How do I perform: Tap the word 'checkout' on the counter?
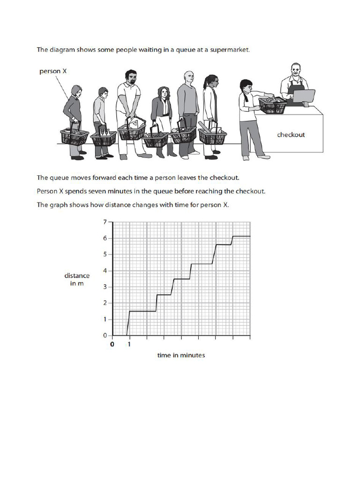click(291, 135)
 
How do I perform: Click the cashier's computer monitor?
click(304, 96)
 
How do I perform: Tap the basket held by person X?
click(74, 136)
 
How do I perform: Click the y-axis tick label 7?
click(105, 221)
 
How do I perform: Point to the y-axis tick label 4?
click(105, 270)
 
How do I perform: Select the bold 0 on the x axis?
click(112, 345)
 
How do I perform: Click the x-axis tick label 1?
click(129, 345)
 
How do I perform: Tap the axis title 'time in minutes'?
click(181, 355)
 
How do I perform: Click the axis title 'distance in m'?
click(77, 280)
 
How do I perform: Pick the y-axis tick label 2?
click(105, 303)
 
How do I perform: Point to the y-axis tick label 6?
click(105, 238)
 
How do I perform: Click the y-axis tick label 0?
click(105, 336)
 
